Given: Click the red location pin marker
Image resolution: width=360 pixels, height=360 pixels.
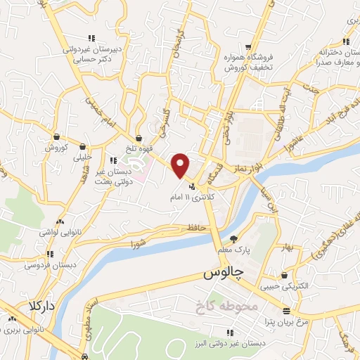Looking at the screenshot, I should (181, 166).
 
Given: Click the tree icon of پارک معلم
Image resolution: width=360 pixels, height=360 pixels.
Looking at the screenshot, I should (233, 240).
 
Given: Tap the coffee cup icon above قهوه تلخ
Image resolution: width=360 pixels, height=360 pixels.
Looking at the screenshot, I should (140, 136).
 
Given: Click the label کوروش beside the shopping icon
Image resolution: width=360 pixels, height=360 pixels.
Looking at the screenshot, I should (56, 148).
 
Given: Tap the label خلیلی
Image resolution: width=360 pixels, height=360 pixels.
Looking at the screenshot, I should (83, 158).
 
